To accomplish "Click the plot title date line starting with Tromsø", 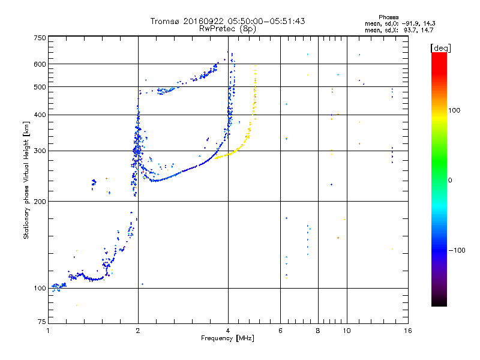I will [227, 21].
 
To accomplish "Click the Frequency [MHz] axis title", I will [227, 339].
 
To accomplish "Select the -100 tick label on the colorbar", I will [458, 251].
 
